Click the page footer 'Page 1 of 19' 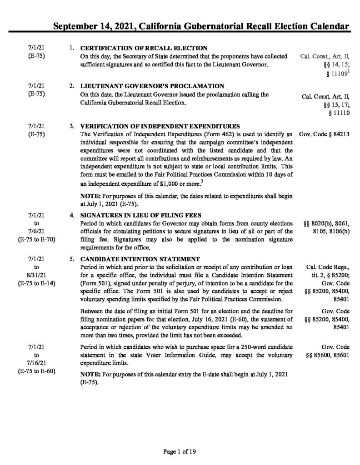[179, 451]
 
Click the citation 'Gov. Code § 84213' [325, 134]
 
